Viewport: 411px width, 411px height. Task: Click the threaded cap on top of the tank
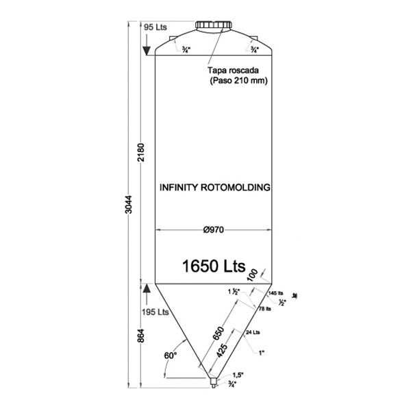coord(212,26)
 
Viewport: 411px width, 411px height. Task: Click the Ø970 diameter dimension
coord(214,230)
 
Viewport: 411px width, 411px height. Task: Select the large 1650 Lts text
coord(214,266)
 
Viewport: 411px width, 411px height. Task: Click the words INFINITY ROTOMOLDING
coord(214,186)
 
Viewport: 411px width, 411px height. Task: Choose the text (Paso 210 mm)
coord(237,81)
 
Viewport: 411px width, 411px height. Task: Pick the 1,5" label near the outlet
coord(237,375)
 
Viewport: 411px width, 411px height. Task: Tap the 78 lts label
coord(264,308)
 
